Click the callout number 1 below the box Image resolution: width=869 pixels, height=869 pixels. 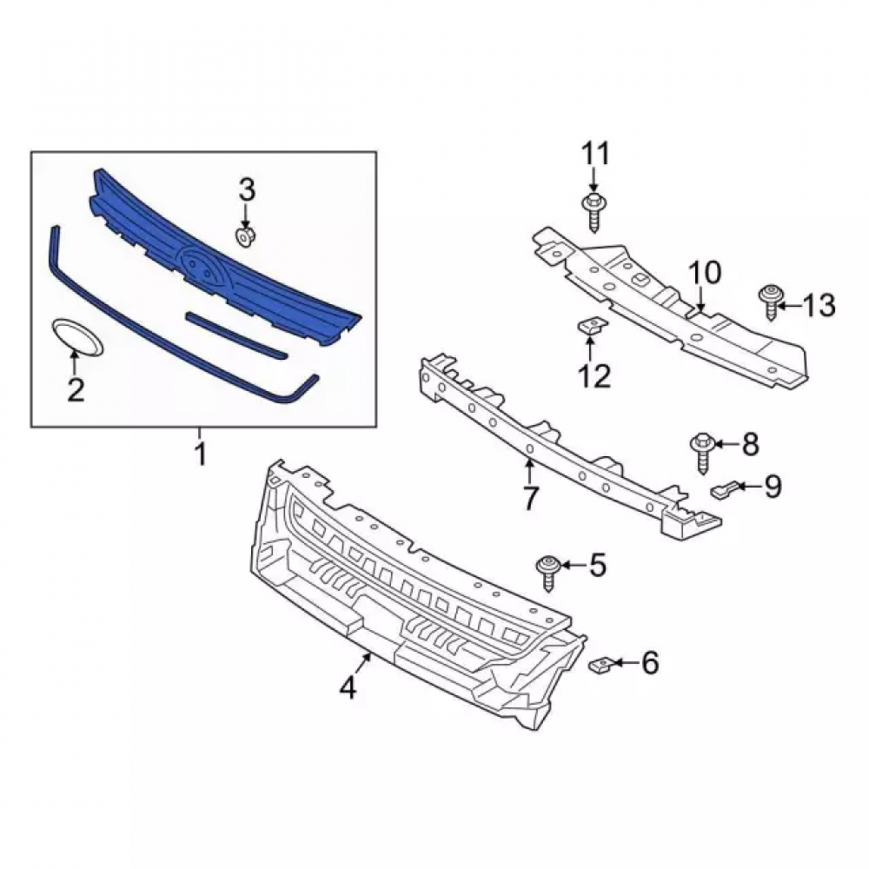[201, 454]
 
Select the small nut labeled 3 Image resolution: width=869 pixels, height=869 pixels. [243, 236]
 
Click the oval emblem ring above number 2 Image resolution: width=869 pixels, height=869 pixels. [77, 337]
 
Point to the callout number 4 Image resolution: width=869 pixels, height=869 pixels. [348, 687]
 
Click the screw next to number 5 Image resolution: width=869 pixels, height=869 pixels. [547, 573]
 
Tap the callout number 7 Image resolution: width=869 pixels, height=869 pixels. [530, 498]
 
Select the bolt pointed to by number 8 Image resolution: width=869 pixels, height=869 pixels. [701, 454]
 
